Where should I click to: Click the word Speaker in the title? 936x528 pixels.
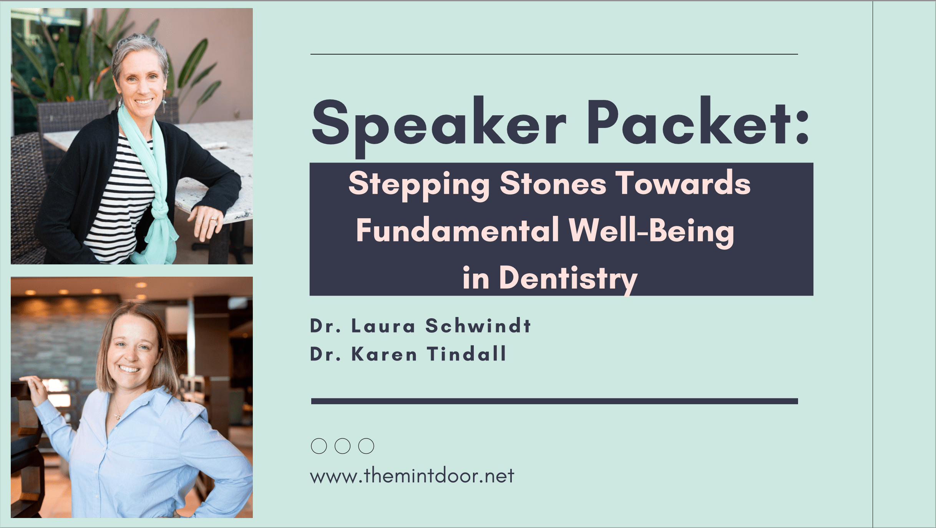(x=439, y=127)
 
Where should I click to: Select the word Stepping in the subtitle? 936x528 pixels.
(x=419, y=185)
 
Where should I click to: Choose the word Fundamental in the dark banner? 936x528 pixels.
(x=458, y=230)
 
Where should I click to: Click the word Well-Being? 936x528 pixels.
(x=652, y=232)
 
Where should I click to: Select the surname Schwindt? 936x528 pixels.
(x=478, y=325)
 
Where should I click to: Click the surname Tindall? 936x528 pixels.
(x=466, y=354)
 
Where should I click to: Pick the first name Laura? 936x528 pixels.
(x=383, y=326)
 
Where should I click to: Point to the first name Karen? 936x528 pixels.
(x=384, y=354)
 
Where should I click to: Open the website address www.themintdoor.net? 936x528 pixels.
(x=412, y=476)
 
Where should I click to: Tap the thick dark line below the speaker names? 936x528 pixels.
(x=554, y=401)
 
